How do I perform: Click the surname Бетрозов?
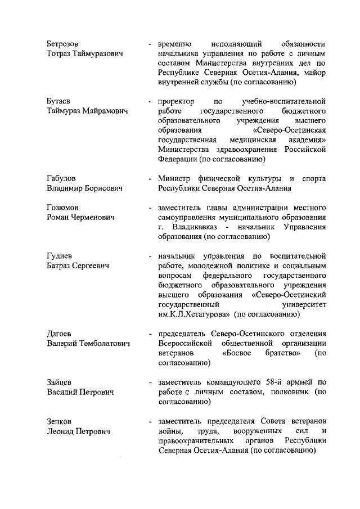click(62, 44)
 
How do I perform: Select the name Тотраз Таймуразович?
click(85, 54)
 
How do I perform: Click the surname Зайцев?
click(59, 382)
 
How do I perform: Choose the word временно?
click(175, 44)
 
